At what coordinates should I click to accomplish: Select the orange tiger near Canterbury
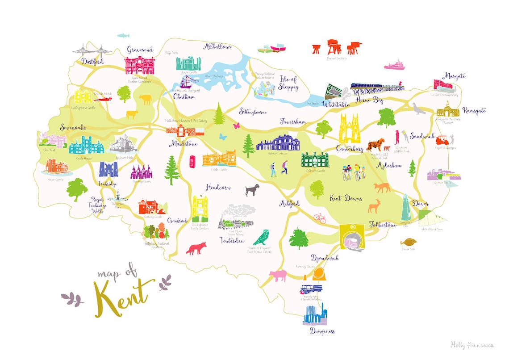point(375,145)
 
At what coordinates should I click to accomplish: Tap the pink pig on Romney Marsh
point(277,276)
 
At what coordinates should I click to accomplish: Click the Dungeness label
point(321,331)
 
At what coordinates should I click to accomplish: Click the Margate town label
point(454,76)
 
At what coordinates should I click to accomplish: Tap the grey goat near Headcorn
point(252,190)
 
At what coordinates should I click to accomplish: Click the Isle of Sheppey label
point(288,83)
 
